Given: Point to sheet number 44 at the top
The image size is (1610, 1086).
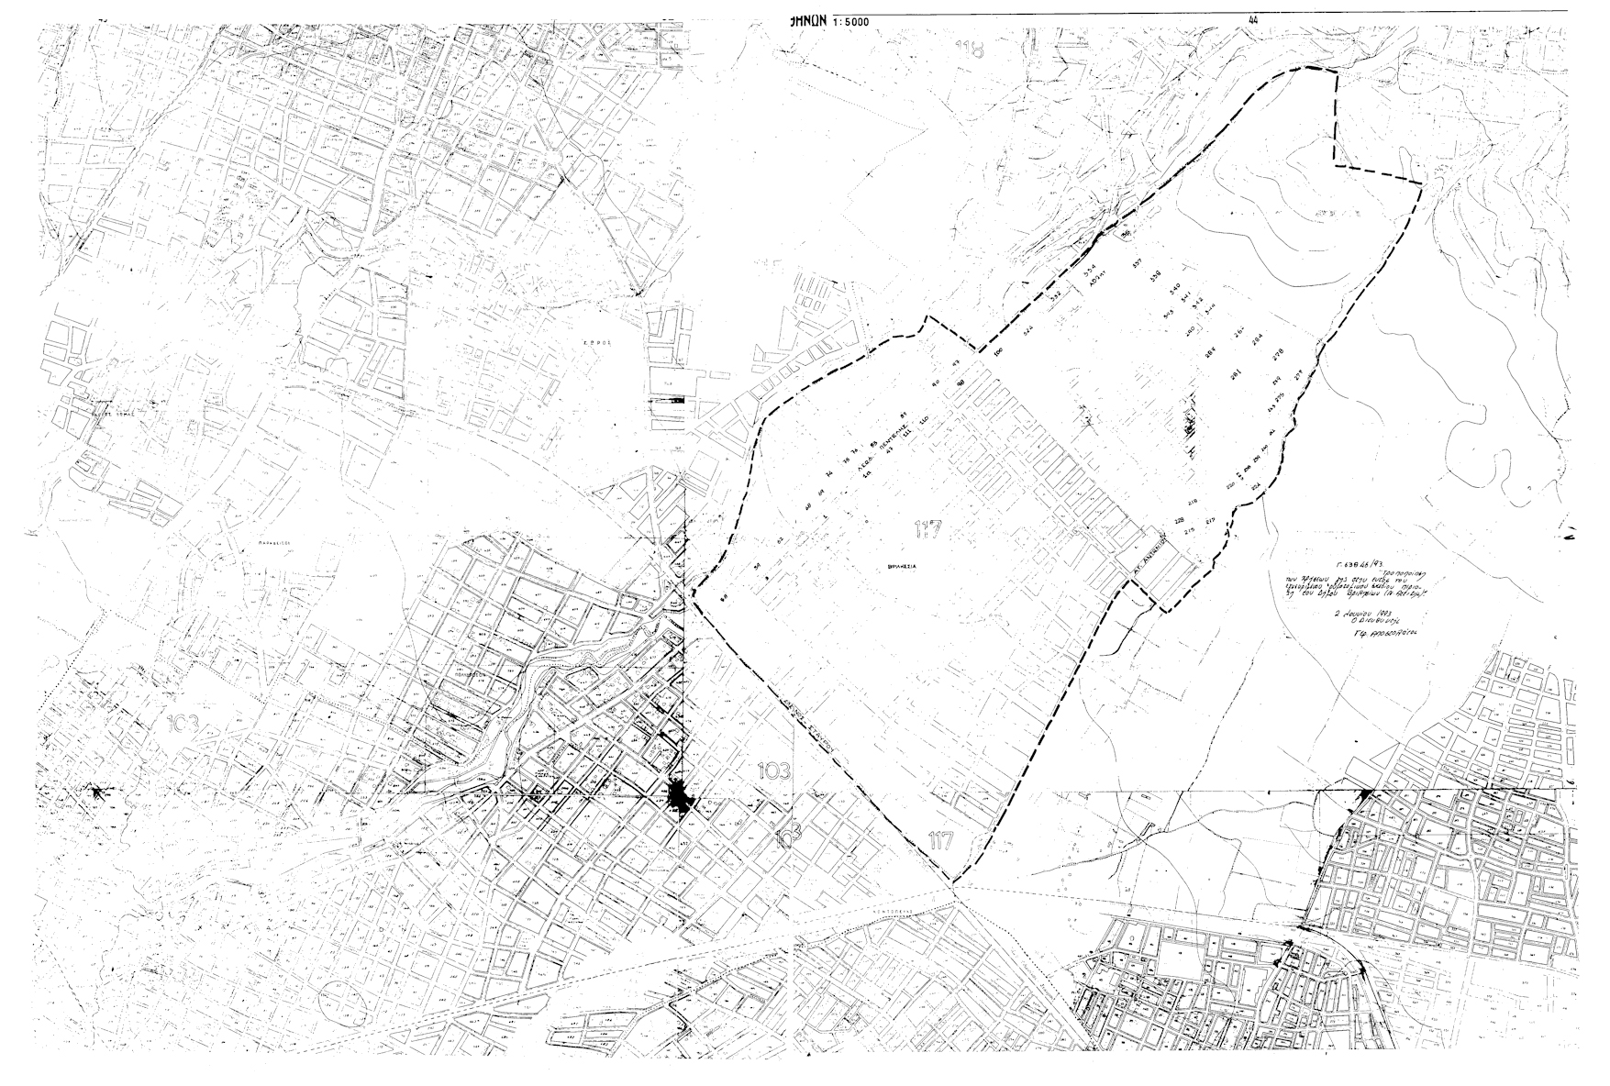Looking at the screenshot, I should [1253, 18].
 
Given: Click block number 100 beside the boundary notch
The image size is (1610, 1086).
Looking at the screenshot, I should [998, 350].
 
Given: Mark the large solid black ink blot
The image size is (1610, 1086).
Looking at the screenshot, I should [682, 799].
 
